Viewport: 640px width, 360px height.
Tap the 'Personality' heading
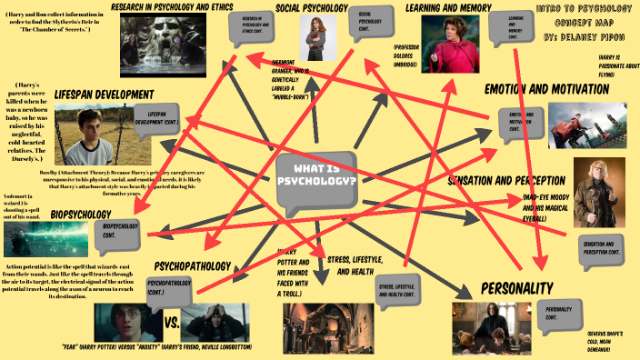516,288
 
